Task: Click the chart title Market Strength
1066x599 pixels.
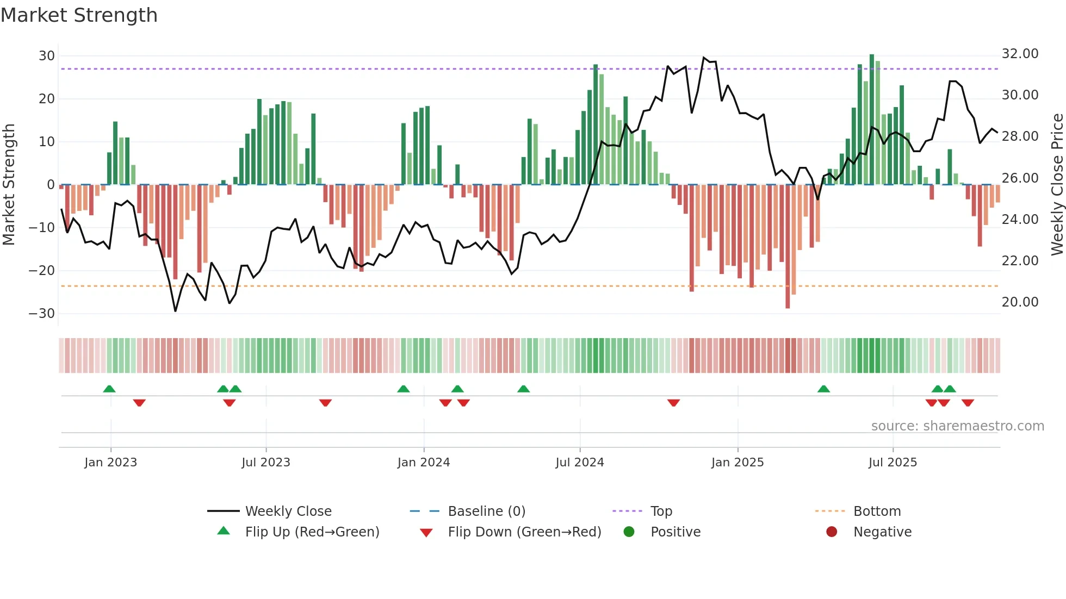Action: click(79, 15)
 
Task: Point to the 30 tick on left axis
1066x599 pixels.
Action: click(47, 56)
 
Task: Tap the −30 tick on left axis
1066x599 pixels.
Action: click(42, 314)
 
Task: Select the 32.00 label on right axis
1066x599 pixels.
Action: click(1020, 54)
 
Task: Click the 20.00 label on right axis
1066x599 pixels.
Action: click(1020, 302)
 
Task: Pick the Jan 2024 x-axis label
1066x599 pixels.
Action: click(424, 463)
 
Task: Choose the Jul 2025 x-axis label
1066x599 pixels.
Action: click(893, 463)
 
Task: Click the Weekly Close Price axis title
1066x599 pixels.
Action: click(1057, 185)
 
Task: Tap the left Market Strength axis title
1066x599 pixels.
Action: click(9, 185)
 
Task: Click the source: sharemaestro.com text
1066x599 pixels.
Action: click(957, 426)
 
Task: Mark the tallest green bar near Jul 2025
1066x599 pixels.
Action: click(872, 120)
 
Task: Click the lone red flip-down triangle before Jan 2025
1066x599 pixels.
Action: click(673, 403)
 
